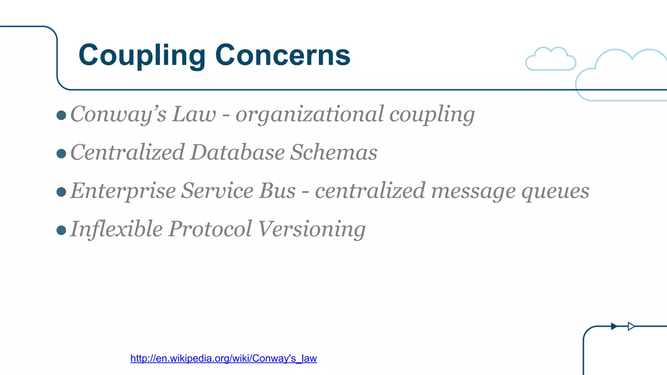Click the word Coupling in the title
coord(142,55)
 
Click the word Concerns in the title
coord(282,55)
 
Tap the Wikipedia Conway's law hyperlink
coord(223,358)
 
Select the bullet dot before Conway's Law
coord(61,115)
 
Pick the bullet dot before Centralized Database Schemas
coord(61,153)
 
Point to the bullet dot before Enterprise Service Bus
coord(61,192)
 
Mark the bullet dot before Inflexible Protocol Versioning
coord(61,230)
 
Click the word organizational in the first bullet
coord(309,115)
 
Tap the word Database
coord(237,152)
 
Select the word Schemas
coord(333,152)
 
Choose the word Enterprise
coord(123,191)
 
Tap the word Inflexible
coord(116,229)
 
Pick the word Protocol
coord(210,229)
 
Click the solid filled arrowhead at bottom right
coord(614,326)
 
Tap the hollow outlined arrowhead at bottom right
coord(631,326)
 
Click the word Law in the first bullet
coord(194,115)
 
